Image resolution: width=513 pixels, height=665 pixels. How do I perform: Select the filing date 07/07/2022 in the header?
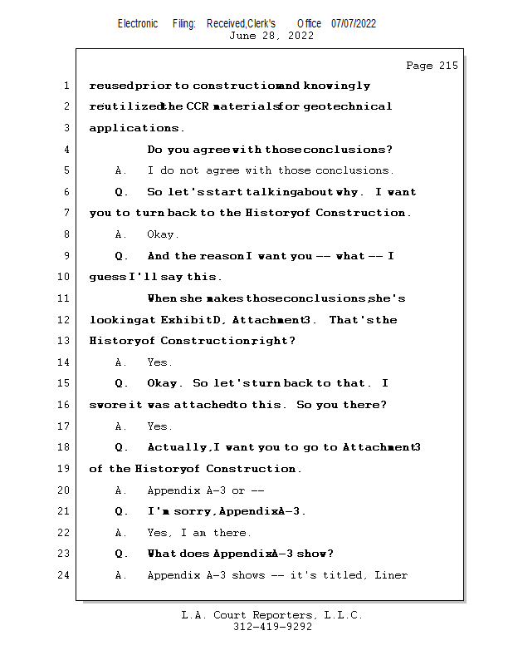coord(354,24)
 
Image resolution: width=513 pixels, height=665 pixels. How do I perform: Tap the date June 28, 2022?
coord(271,36)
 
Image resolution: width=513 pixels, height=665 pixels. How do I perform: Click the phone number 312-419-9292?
coord(272,627)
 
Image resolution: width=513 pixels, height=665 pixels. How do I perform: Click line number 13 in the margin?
coord(63,341)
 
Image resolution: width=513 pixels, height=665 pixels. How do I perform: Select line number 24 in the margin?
coord(63,575)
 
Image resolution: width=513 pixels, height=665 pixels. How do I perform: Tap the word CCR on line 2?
coord(198,106)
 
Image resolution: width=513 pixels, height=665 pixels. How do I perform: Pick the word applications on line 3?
coord(134,128)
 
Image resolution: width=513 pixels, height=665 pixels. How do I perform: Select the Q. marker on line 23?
coord(121,554)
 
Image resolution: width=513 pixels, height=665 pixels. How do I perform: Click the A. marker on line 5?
coord(120,170)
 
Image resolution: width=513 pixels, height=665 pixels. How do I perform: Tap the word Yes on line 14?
coord(157,362)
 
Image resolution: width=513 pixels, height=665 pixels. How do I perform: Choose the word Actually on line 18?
coord(177,447)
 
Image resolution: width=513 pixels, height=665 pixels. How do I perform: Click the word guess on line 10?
coord(108,278)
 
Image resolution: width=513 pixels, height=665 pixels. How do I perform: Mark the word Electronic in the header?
coord(138,24)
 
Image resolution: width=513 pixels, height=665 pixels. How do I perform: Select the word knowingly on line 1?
coord(337,86)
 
